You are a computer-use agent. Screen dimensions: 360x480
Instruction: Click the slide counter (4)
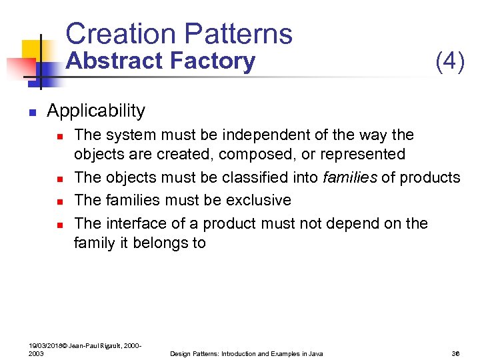tap(449, 61)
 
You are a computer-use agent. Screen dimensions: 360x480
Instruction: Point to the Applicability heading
tap(96, 110)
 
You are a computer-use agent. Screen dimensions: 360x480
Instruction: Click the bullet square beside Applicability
tap(31, 111)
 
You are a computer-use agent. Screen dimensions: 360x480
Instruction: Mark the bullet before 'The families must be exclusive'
tap(59, 201)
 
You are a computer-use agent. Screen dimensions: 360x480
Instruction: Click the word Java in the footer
tap(315, 353)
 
